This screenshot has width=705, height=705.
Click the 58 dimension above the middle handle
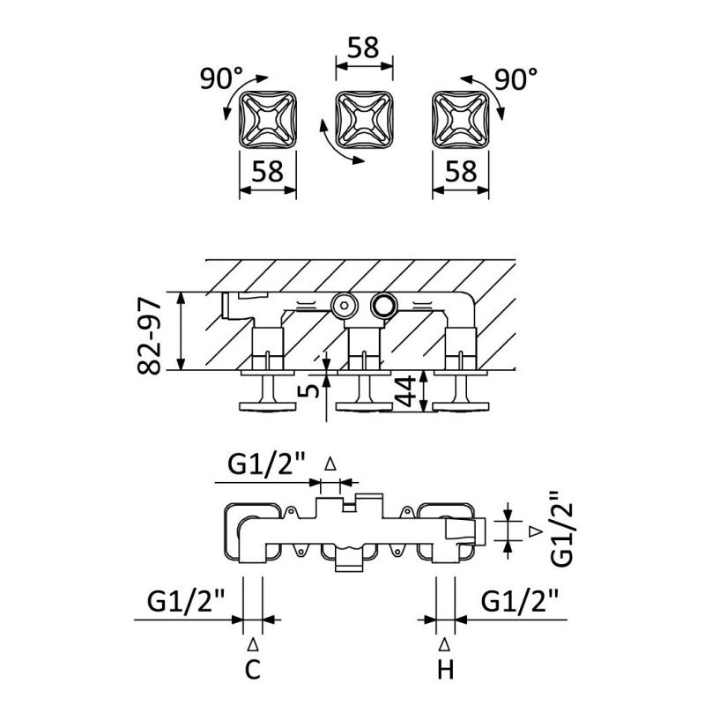[x=364, y=47]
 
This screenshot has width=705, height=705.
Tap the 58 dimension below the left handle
[x=268, y=171]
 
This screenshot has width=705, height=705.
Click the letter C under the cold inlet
[x=253, y=672]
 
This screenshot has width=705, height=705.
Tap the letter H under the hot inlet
[x=445, y=672]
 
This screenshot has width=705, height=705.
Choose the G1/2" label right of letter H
[x=520, y=604]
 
